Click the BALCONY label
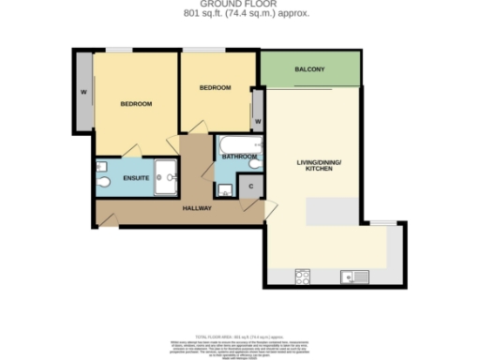pyautogui.click(x=309, y=70)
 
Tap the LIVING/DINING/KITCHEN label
pyautogui.click(x=319, y=168)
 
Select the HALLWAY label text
pyautogui.click(x=197, y=208)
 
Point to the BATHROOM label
pyautogui.click(x=239, y=157)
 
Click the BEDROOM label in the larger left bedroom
pyautogui.click(x=136, y=104)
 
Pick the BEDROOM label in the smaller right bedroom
pyautogui.click(x=215, y=88)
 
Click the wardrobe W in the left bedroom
pyautogui.click(x=83, y=92)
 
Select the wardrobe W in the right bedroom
pyautogui.click(x=256, y=122)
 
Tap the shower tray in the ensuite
pyautogui.click(x=166, y=175)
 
